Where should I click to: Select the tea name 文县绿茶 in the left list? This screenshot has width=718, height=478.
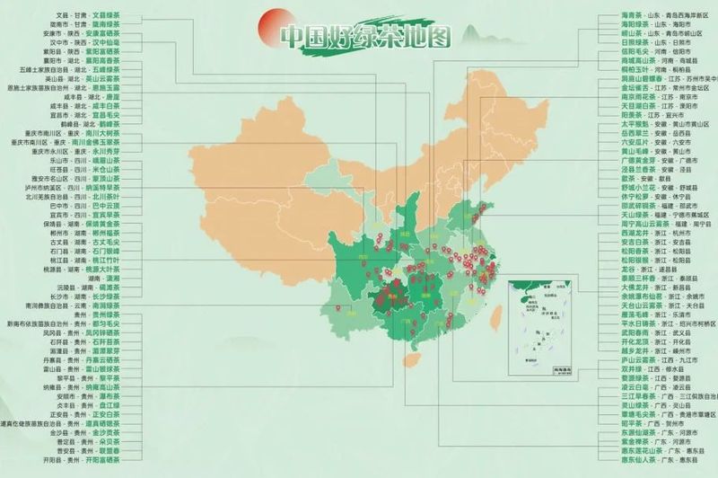coord(106,16)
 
